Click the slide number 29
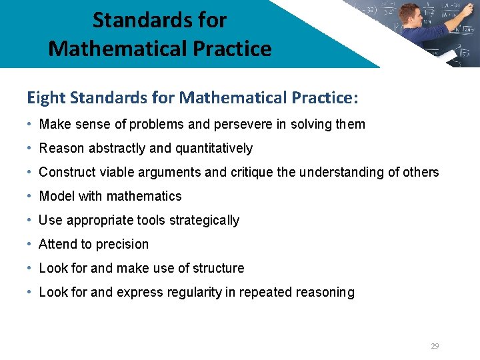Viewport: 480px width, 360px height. (x=435, y=346)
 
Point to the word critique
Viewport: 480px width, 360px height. (x=251, y=172)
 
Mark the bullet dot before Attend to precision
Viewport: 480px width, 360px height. (x=31, y=244)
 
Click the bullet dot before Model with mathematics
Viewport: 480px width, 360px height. (x=31, y=196)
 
